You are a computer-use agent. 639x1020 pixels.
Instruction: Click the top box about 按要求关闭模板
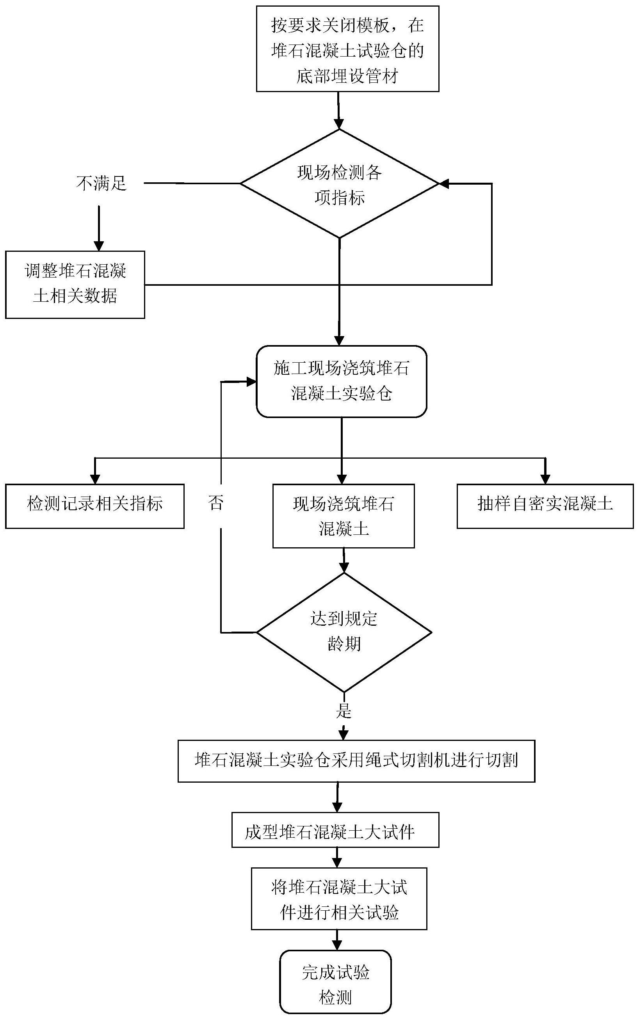(x=347, y=49)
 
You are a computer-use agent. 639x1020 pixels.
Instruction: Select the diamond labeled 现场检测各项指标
(x=339, y=184)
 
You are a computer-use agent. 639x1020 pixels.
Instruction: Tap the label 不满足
(x=101, y=183)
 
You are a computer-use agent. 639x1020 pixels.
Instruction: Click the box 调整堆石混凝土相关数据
(x=75, y=284)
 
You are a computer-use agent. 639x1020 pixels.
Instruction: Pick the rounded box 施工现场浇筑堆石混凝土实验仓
(x=342, y=381)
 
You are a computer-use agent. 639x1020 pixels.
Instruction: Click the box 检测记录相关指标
(x=95, y=506)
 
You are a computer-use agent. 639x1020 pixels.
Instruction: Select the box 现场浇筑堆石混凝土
(x=343, y=516)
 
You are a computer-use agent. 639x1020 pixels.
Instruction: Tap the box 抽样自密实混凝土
(x=545, y=506)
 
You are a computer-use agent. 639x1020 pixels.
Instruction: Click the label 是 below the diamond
(x=344, y=711)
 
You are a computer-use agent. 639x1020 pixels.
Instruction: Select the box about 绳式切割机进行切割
(x=356, y=760)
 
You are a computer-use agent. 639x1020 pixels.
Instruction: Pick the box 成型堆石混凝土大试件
(x=335, y=830)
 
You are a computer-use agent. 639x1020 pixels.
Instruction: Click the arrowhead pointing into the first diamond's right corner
(x=443, y=184)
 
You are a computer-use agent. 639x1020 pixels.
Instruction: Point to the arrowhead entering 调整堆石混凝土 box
(x=98, y=246)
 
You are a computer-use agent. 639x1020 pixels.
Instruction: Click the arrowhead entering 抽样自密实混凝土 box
(x=545, y=479)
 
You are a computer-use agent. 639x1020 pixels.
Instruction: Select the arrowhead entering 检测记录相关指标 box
(x=95, y=479)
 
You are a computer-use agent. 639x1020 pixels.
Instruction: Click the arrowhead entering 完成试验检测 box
(x=337, y=945)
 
